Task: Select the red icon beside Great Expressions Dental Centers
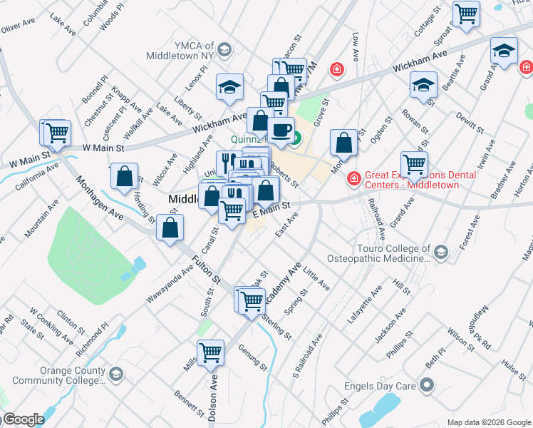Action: click(353, 178)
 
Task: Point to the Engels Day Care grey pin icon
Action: click(427, 386)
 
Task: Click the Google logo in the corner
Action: click(23, 420)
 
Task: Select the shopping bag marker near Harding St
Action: click(125, 178)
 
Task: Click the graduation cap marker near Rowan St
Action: click(423, 85)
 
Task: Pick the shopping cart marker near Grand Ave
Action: click(414, 163)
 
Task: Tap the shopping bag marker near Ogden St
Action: click(344, 142)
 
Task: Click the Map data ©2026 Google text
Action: click(488, 422)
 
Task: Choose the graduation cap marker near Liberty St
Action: click(230, 86)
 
